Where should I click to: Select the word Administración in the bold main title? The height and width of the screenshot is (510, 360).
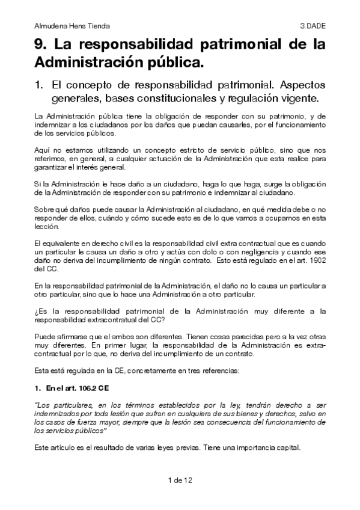click(x=87, y=62)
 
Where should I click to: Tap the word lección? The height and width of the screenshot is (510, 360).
click(x=46, y=228)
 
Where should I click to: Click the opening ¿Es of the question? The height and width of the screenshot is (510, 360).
click(x=40, y=311)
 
